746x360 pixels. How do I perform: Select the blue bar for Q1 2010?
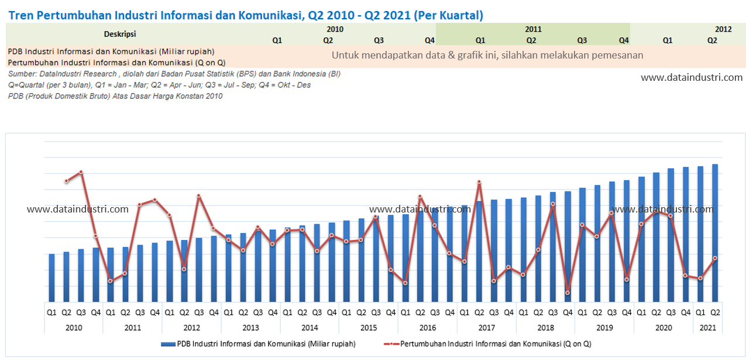51,277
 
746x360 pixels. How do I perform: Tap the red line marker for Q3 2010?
81,172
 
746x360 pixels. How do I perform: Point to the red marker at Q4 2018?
568,293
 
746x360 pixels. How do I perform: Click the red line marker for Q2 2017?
479,182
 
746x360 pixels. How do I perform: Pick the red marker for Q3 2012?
199,196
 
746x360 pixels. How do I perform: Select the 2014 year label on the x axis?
309,328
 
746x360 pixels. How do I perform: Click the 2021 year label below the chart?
707,328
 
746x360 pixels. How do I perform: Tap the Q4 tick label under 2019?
626,313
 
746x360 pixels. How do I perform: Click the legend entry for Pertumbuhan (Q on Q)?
491,344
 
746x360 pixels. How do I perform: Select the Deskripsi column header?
119,34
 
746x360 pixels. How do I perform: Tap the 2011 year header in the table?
533,29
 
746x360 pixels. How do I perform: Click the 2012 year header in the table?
723,29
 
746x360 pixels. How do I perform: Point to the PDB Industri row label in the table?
111,52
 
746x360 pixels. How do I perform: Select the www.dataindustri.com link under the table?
692,77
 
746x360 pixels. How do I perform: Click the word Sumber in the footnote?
21,74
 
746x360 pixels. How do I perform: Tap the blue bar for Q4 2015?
391,258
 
